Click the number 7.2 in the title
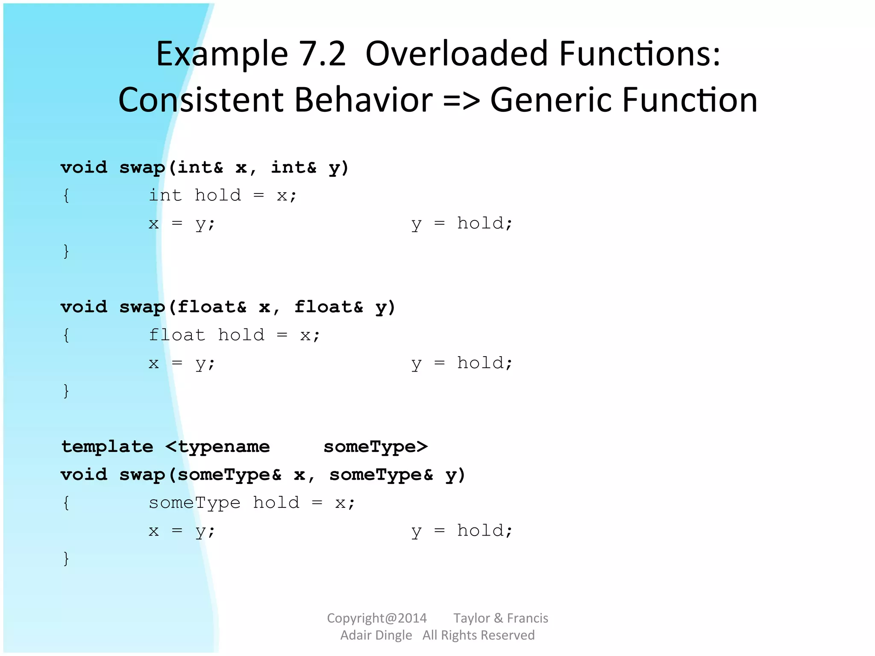(x=322, y=54)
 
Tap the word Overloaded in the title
(x=456, y=54)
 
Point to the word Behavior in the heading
(x=363, y=100)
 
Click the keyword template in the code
(x=107, y=447)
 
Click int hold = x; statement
(x=222, y=196)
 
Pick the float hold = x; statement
(x=234, y=335)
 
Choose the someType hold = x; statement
(x=252, y=503)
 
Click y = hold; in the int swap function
(x=462, y=224)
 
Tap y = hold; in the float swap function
(x=462, y=363)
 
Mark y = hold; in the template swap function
(x=462, y=531)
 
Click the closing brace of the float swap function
(x=66, y=391)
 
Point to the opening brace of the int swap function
(x=66, y=196)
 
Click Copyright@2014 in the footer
(x=377, y=618)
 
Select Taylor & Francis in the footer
(x=501, y=618)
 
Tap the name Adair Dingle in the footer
(x=376, y=635)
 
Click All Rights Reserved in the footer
(x=479, y=635)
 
